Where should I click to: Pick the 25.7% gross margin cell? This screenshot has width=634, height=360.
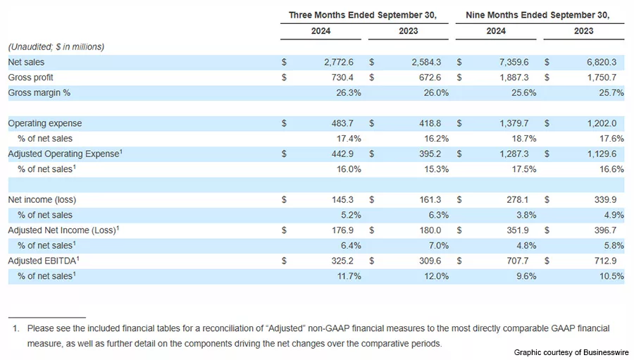(x=609, y=93)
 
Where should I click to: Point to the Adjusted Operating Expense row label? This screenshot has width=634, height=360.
(x=63, y=154)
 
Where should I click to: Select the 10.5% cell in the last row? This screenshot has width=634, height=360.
(x=609, y=276)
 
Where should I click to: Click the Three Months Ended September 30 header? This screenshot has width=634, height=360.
(x=363, y=15)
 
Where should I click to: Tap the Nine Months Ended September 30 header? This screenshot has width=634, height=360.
(x=537, y=15)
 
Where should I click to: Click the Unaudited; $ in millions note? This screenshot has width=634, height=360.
(x=56, y=46)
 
